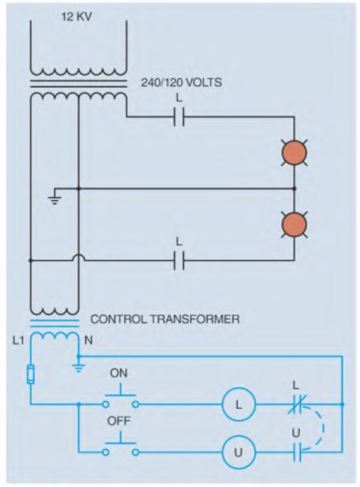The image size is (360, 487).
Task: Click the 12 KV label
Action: pos(76,17)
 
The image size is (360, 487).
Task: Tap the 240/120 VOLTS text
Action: pos(182,83)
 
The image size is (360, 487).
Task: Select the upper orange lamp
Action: pos(294,153)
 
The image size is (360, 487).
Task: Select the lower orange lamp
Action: pos(294,225)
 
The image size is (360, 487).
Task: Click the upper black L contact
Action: pos(179,117)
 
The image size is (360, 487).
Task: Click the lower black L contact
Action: pos(179,260)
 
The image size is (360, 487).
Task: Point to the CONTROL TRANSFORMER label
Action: pos(165,320)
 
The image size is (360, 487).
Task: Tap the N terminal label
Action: pos(88,340)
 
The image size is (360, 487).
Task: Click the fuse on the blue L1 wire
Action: pos(30,374)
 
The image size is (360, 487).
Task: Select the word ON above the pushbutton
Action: pos(118,373)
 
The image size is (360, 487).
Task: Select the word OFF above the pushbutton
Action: pos(119,421)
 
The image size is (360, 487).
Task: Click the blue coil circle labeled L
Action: pos(239,404)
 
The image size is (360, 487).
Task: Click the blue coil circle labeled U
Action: pos(239,452)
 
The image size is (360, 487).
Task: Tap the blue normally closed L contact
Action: pos(297,404)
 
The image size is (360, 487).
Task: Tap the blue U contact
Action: pos(297,452)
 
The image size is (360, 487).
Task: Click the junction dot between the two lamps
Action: pos(294,189)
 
